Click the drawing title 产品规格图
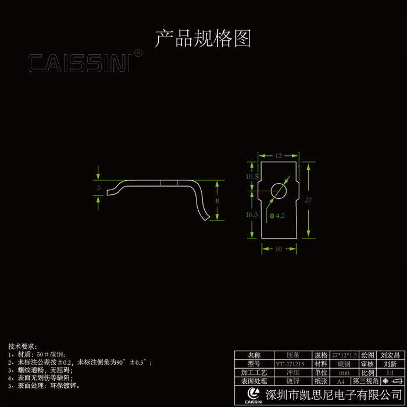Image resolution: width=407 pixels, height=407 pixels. pyautogui.click(x=203, y=39)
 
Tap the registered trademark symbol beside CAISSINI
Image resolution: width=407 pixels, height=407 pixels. pyautogui.click(x=138, y=53)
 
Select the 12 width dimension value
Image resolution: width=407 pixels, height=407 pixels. pyautogui.click(x=279, y=156)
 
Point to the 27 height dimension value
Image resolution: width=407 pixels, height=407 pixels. pyautogui.click(x=308, y=200)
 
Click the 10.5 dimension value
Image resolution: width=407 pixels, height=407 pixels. pyautogui.click(x=252, y=176)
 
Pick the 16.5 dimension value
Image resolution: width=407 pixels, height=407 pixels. pyautogui.click(x=252, y=215)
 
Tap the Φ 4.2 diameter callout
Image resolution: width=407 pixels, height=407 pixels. pyautogui.click(x=277, y=216)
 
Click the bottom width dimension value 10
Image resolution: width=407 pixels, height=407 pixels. pyautogui.click(x=279, y=249)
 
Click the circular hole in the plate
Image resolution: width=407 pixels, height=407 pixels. pyautogui.click(x=279, y=190)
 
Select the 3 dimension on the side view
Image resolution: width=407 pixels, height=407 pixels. pyautogui.click(x=98, y=188)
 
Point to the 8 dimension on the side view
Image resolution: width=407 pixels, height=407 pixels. pyautogui.click(x=217, y=200)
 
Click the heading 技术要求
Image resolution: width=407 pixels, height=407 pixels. pyautogui.click(x=23, y=346)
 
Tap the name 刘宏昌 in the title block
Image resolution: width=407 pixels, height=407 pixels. pyautogui.click(x=390, y=355)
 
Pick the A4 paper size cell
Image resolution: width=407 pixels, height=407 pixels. pyautogui.click(x=344, y=381)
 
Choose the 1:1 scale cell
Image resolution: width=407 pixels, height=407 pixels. pyautogui.click(x=390, y=372)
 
